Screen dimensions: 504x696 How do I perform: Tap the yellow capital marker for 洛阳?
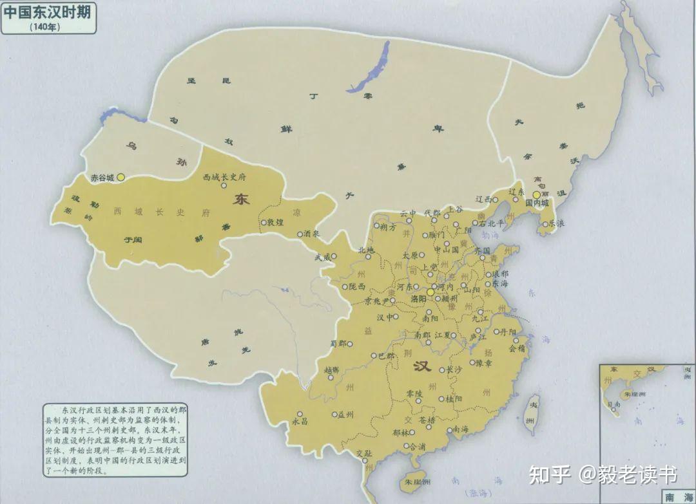430,292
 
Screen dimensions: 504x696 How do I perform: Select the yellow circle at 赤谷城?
121,176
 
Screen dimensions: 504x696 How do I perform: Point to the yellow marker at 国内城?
536,194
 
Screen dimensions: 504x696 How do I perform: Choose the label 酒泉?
311,234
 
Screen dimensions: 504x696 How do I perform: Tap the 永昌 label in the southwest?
301,422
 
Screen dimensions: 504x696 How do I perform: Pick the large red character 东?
242,200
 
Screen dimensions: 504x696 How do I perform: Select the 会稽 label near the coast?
517,348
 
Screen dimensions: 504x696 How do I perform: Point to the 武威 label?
322,257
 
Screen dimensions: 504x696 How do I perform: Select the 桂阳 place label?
454,398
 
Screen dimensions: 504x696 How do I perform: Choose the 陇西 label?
357,286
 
